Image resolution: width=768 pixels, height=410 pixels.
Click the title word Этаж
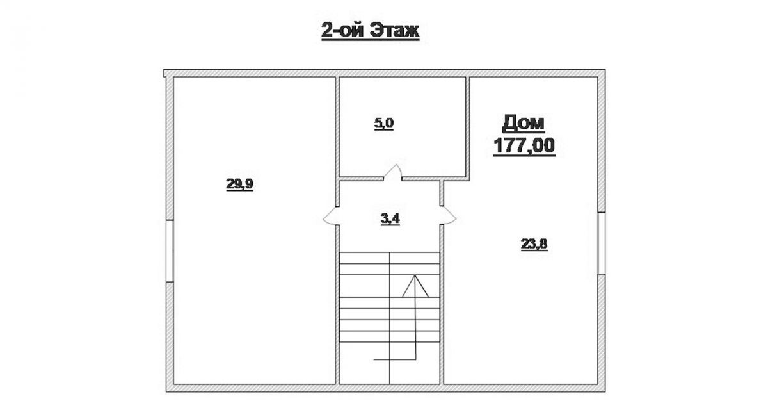pyautogui.click(x=396, y=31)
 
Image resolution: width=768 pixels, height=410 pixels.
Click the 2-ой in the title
pyautogui.click(x=344, y=31)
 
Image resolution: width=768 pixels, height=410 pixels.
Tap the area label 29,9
pyautogui.click(x=239, y=184)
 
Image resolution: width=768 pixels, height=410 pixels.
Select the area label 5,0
pyautogui.click(x=384, y=124)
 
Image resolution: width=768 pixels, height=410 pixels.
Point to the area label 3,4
pyautogui.click(x=390, y=218)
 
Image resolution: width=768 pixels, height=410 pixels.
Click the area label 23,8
pyautogui.click(x=534, y=244)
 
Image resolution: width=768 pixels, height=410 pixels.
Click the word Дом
pyautogui.click(x=524, y=124)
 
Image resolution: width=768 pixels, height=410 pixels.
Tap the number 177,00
pyautogui.click(x=524, y=145)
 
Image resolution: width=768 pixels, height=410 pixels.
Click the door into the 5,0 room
pyautogui.click(x=392, y=172)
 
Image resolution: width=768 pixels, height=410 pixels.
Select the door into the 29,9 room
pyautogui.click(x=330, y=216)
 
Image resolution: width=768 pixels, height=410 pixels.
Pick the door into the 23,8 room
pyautogui.click(x=449, y=215)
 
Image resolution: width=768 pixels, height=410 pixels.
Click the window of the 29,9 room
pyautogui.click(x=170, y=250)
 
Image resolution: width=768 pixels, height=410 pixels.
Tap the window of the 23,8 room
pyautogui.click(x=602, y=243)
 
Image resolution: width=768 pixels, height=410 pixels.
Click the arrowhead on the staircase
pyautogui.click(x=415, y=286)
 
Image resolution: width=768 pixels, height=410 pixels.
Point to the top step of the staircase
pyautogui.click(x=390, y=258)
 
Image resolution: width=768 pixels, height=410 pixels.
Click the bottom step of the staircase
pyautogui.click(x=390, y=336)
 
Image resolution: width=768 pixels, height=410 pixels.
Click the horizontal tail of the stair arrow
pyautogui.click(x=395, y=359)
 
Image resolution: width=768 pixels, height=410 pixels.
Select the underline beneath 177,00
pyautogui.click(x=524, y=156)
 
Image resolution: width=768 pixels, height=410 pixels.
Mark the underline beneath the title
pyautogui.click(x=371, y=40)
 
